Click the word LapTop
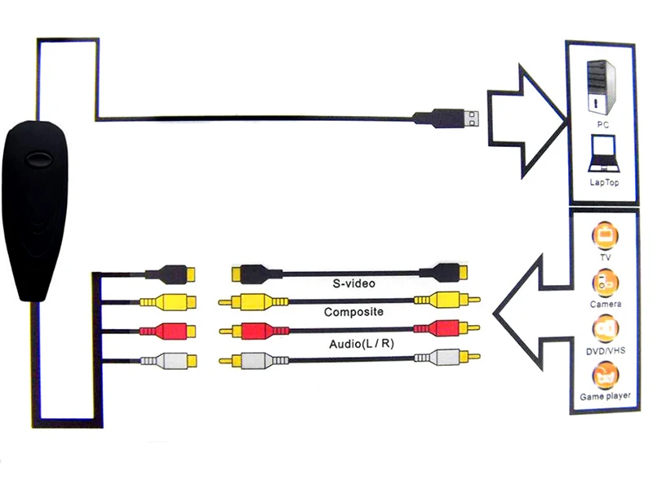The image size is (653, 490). (x=604, y=182)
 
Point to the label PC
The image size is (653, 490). (x=603, y=125)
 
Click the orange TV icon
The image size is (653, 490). (x=605, y=234)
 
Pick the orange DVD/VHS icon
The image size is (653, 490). (x=605, y=329)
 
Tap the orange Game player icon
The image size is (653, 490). (x=605, y=376)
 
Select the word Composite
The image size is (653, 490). (x=353, y=312)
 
